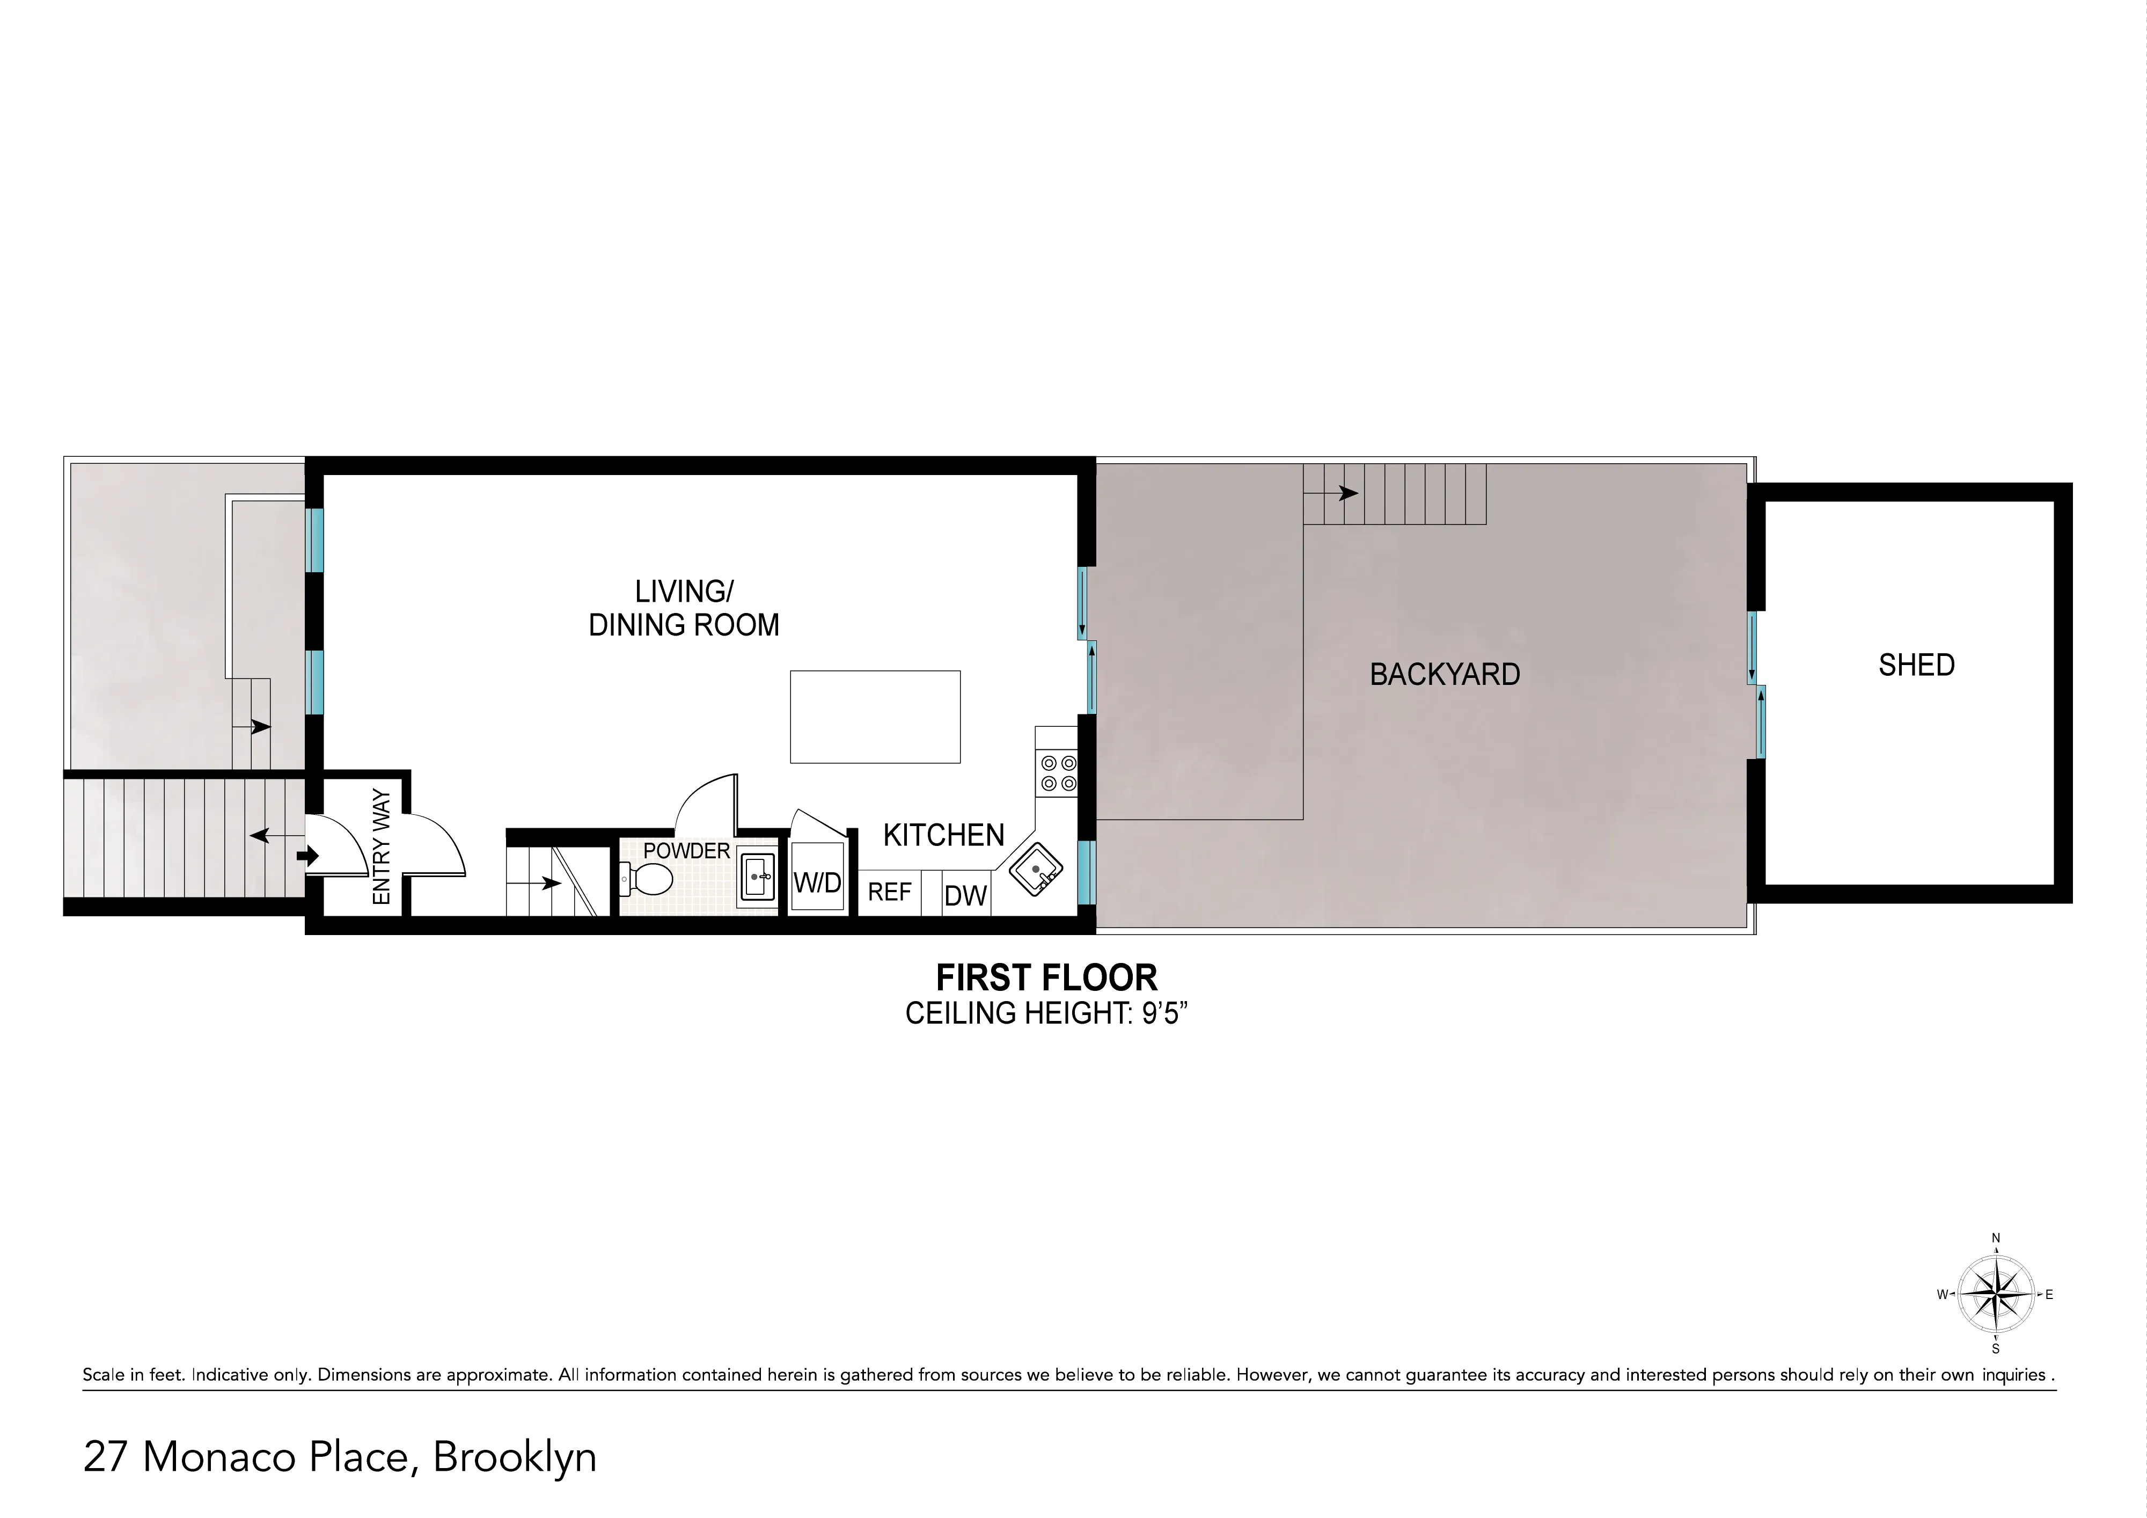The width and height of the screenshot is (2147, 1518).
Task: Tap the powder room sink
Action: pyautogui.click(x=757, y=877)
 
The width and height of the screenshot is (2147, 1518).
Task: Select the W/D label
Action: pyautogui.click(x=817, y=882)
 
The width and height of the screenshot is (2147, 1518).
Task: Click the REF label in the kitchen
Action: pyautogui.click(x=889, y=892)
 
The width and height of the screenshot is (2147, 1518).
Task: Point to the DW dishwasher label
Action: pyautogui.click(x=965, y=896)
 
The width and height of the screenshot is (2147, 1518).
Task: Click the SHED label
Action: pyautogui.click(x=1916, y=665)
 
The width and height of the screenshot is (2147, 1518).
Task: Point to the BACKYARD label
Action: pyautogui.click(x=1444, y=674)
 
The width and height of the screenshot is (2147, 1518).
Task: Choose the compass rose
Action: pyautogui.click(x=1996, y=1295)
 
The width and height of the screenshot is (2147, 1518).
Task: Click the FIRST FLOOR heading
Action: pyautogui.click(x=1046, y=979)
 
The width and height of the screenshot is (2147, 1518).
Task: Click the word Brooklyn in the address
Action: pyautogui.click(x=514, y=1458)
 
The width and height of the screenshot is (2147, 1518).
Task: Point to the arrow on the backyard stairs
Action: pyautogui.click(x=1346, y=493)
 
